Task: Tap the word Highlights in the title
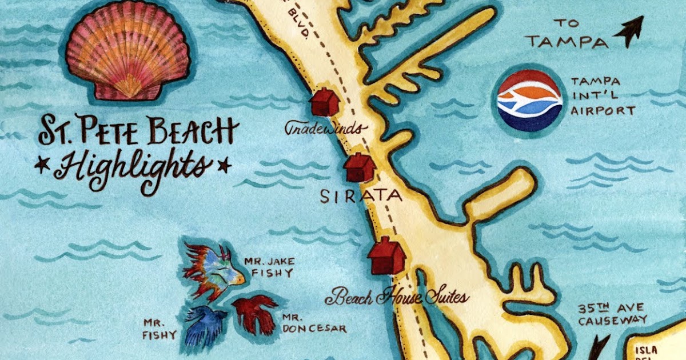133,166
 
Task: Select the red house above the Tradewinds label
324,102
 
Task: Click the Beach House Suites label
397,297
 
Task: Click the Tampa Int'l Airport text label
602,97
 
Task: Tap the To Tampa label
567,34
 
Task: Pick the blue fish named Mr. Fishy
206,326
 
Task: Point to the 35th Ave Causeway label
612,314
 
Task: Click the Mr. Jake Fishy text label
269,267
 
